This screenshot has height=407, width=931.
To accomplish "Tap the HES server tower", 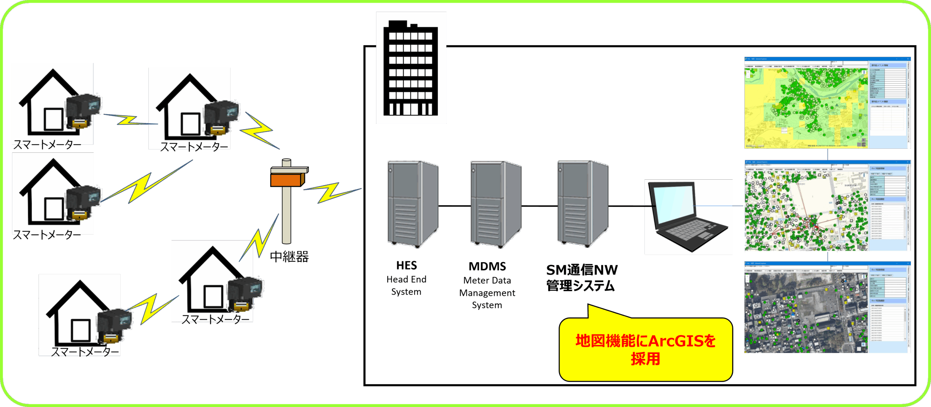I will pyautogui.click(x=412, y=204).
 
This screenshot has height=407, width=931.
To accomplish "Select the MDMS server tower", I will pyautogui.click(x=496, y=204).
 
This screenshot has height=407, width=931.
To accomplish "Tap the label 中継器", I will pyautogui.click(x=289, y=257).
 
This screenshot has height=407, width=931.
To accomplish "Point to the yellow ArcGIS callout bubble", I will pyautogui.click(x=646, y=349).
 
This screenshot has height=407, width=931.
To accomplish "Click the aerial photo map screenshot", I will pyautogui.click(x=806, y=313).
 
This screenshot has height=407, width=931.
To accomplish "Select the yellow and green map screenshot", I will pyautogui.click(x=806, y=107).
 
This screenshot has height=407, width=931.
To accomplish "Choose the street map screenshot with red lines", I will pyautogui.click(x=806, y=211).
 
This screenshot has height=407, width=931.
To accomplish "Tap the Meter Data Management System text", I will pyautogui.click(x=487, y=293).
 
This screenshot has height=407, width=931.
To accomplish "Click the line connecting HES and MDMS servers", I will pyautogui.click(x=454, y=206).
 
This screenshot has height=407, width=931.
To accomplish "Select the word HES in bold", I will pyautogui.click(x=406, y=266).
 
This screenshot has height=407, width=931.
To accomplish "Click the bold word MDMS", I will pyautogui.click(x=487, y=267).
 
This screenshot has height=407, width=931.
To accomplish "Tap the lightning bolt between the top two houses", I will pyautogui.click(x=129, y=120).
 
